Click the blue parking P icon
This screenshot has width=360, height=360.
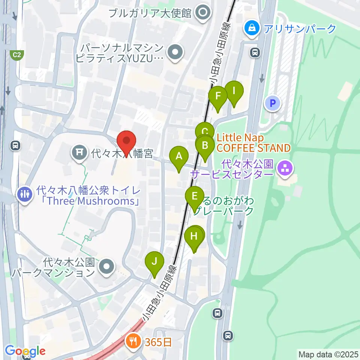273,103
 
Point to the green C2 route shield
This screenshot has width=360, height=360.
16,55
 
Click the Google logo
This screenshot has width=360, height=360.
25,351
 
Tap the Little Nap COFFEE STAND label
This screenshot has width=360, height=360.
253,143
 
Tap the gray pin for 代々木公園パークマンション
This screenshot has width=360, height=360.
106,267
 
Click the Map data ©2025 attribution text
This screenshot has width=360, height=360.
328,354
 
